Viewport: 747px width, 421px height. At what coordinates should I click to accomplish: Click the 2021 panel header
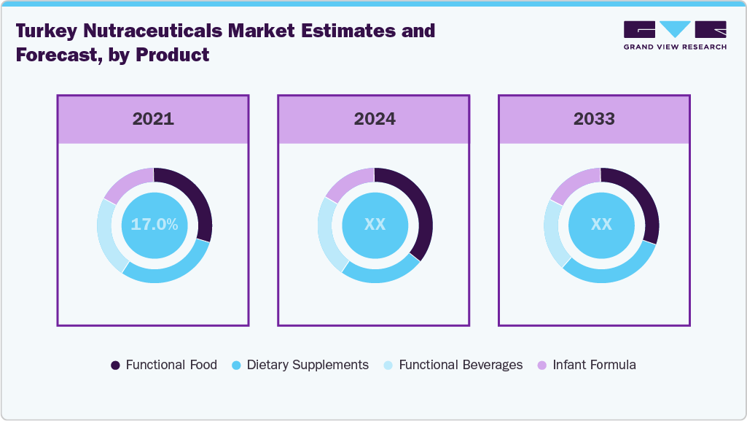click(x=153, y=119)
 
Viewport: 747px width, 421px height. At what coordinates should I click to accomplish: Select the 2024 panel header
click(x=375, y=119)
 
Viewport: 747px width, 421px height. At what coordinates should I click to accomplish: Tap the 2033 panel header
click(x=594, y=119)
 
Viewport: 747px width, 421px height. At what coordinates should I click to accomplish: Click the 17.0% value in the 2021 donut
click(x=155, y=225)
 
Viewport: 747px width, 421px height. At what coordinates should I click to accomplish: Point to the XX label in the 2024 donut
click(x=375, y=225)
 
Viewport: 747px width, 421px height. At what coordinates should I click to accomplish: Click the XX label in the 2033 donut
click(x=601, y=225)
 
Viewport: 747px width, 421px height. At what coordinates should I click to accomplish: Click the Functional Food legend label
click(x=171, y=365)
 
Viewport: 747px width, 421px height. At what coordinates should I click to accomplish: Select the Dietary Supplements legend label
click(x=308, y=365)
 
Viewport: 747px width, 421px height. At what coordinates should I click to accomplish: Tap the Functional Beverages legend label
click(x=461, y=365)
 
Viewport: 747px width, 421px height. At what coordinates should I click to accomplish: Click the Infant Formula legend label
click(x=594, y=365)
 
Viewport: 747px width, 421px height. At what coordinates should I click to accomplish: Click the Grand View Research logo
click(x=675, y=35)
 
